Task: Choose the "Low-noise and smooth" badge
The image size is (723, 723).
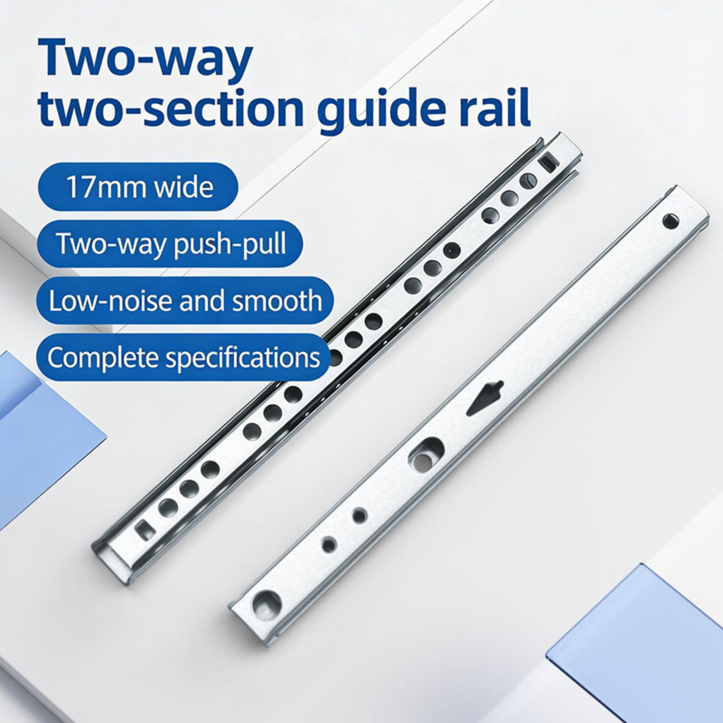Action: tap(186, 300)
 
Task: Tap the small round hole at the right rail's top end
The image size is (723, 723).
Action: tap(671, 221)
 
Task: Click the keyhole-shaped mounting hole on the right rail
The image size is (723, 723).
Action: tap(424, 454)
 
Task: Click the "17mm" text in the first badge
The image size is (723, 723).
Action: tap(103, 187)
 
